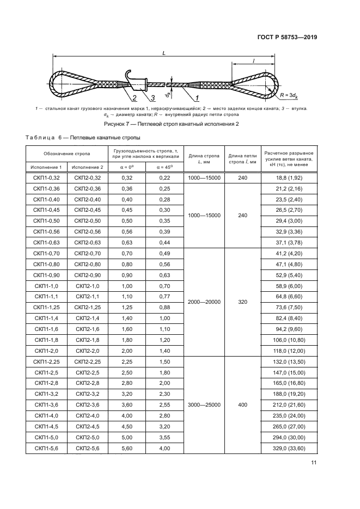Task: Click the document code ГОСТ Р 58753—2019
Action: [286, 38]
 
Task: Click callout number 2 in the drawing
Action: [133, 98]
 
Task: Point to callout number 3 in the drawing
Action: [153, 98]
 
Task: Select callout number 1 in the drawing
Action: [197, 98]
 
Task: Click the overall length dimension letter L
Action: [164, 53]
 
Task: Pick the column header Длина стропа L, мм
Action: [204, 158]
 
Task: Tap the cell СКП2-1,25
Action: [88, 306]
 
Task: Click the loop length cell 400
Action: [243, 405]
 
